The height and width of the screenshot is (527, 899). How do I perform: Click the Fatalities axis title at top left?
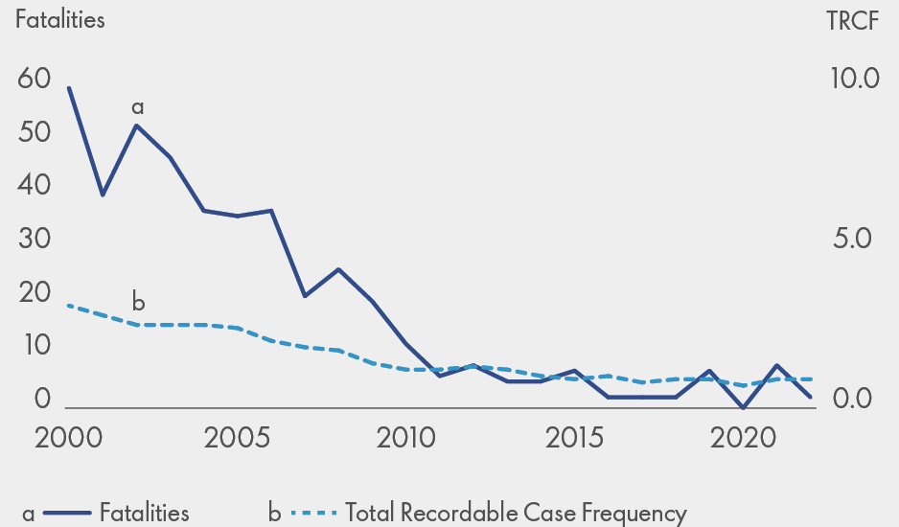(x=60, y=20)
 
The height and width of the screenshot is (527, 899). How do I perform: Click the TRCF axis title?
(x=851, y=22)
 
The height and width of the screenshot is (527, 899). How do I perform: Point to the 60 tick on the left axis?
(x=34, y=79)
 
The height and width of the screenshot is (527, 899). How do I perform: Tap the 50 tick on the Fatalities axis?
(x=34, y=132)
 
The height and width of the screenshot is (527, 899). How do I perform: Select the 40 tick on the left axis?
(x=34, y=186)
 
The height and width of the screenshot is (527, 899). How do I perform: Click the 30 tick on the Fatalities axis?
(x=34, y=240)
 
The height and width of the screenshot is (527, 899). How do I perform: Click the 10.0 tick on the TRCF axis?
(x=855, y=79)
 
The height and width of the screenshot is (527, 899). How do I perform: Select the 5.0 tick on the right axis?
(x=855, y=239)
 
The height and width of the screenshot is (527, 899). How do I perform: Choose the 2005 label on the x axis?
(x=238, y=439)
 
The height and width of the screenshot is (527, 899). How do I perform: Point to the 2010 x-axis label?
(x=406, y=439)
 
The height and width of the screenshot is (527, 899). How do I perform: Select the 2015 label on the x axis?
(x=575, y=439)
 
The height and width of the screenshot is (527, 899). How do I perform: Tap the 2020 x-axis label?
(x=744, y=439)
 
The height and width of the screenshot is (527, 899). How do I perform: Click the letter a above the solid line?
(x=137, y=106)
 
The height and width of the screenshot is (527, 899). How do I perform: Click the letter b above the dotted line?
(x=138, y=303)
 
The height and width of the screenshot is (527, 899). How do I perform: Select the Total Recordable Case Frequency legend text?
(x=516, y=513)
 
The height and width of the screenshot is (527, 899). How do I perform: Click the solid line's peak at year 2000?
(x=69, y=87)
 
